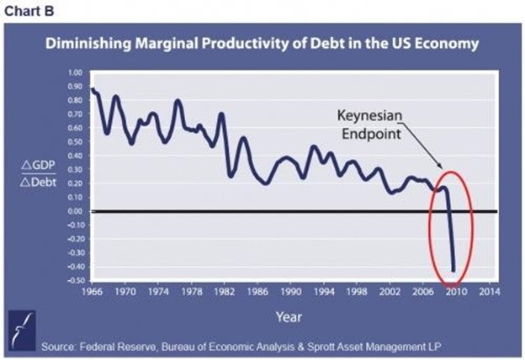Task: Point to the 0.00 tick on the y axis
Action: [x=75, y=211]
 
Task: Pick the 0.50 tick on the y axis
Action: [x=75, y=143]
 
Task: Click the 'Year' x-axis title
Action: [x=289, y=316]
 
